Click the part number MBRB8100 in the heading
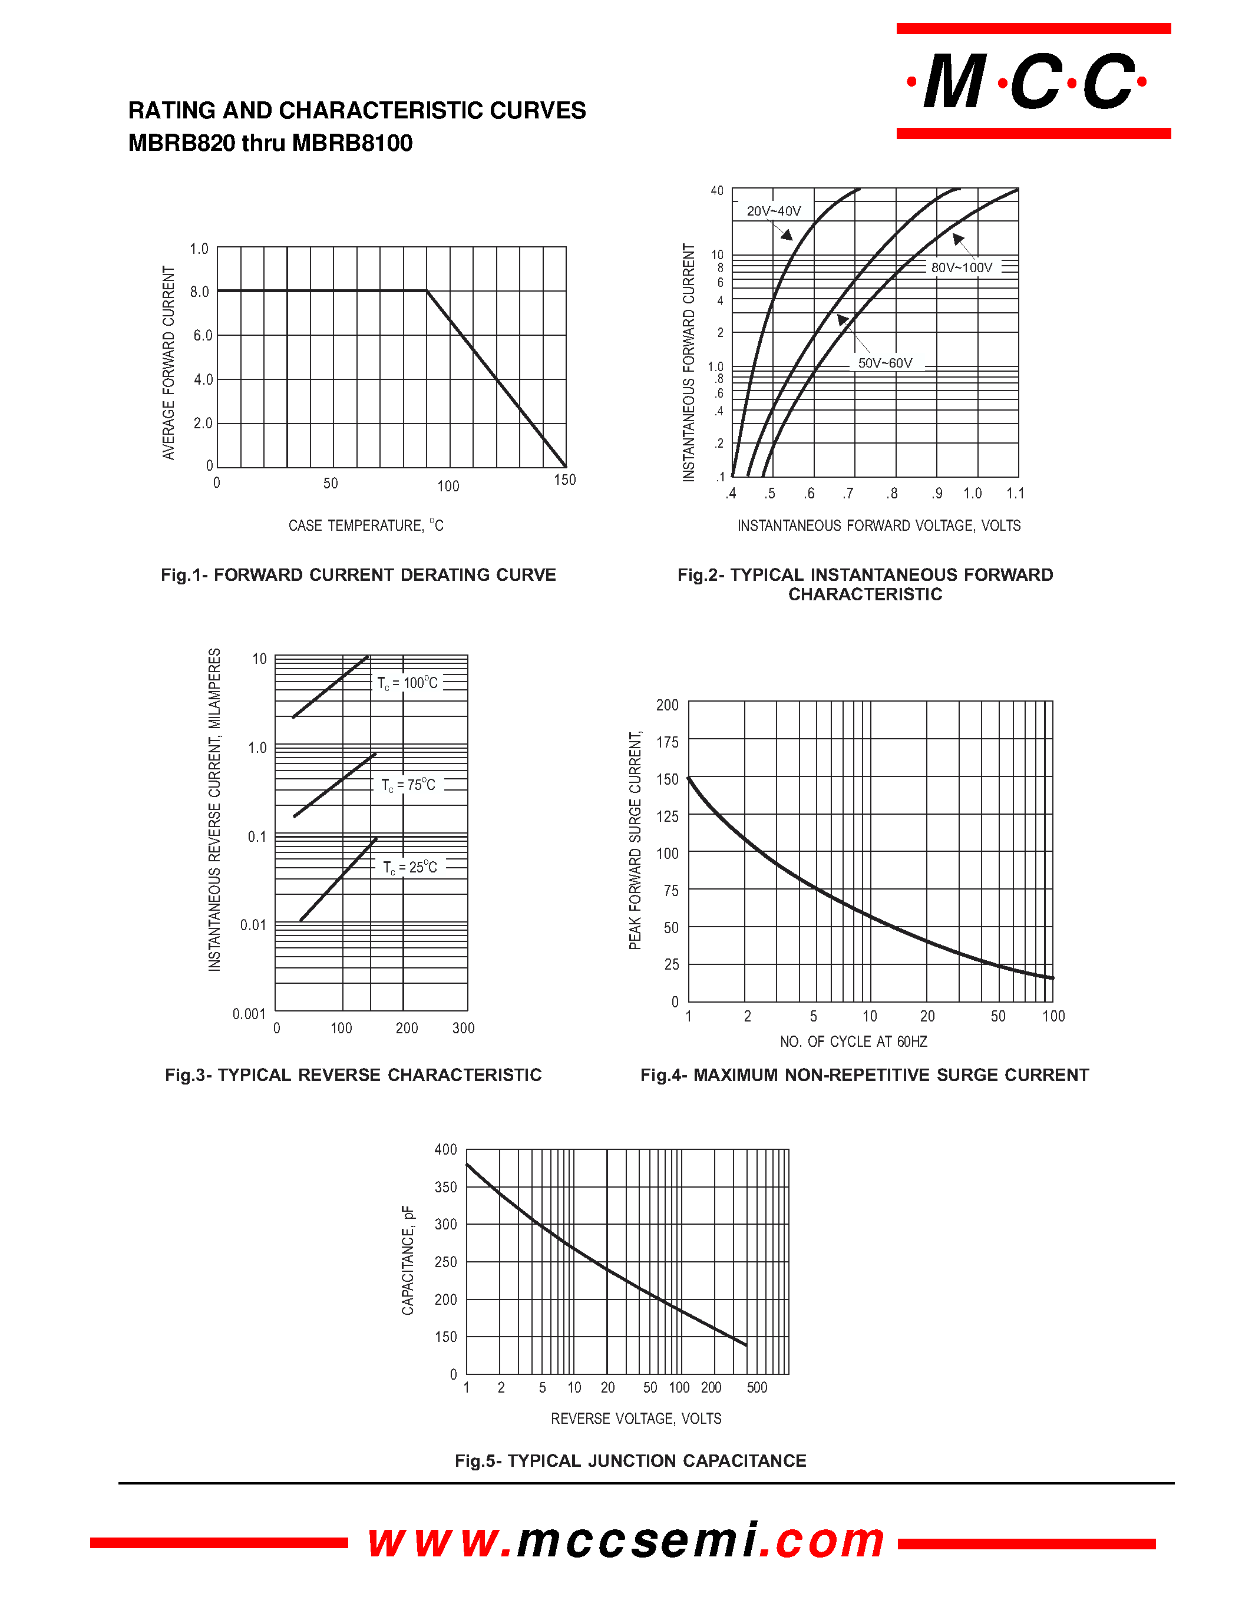pyautogui.click(x=352, y=143)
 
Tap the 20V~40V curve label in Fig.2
pyautogui.click(x=773, y=211)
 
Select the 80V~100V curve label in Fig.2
pyautogui.click(x=962, y=268)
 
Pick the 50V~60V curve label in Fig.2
pyautogui.click(x=885, y=363)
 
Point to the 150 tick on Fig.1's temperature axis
pyautogui.click(x=564, y=480)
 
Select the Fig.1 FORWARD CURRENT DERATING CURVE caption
pyautogui.click(x=358, y=575)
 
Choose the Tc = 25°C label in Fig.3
pyautogui.click(x=410, y=867)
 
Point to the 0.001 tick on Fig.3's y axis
pyautogui.click(x=249, y=1014)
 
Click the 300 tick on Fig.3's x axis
pyautogui.click(x=463, y=1028)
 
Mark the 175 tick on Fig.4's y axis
pyautogui.click(x=667, y=742)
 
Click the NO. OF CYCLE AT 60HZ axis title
pyautogui.click(x=853, y=1042)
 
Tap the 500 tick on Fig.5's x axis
pyautogui.click(x=757, y=1388)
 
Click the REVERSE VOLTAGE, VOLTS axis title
pyautogui.click(x=636, y=1419)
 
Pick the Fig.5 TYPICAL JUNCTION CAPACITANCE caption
pyautogui.click(x=630, y=1462)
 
